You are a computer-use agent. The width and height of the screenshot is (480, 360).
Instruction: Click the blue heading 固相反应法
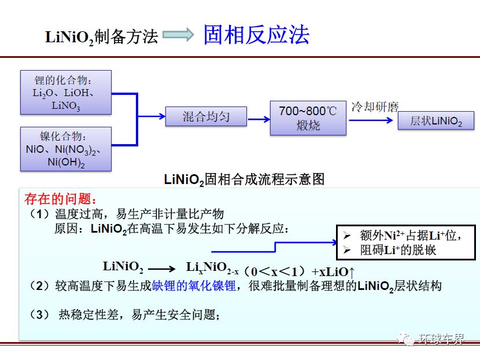(257, 35)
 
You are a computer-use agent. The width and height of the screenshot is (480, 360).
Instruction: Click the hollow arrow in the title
(178, 34)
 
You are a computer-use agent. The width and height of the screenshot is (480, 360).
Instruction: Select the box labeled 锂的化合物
(66, 92)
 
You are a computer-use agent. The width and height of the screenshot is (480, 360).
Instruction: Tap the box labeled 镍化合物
(66, 149)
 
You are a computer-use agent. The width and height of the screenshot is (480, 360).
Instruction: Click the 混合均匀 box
(206, 116)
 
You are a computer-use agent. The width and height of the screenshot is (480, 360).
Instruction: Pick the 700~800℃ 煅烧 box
(308, 118)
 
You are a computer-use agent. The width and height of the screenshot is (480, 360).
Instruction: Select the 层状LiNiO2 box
(436, 120)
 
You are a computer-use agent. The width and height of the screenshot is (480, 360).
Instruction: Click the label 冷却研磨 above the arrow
(375, 107)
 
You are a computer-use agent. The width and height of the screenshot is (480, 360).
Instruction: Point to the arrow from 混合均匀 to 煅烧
(259, 119)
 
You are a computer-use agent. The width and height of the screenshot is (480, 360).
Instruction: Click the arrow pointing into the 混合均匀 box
(152, 116)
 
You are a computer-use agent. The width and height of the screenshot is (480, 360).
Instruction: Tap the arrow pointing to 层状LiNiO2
(371, 120)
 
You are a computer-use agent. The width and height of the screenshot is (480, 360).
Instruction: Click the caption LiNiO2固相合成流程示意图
(244, 179)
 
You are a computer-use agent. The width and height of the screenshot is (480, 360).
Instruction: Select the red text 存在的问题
(61, 199)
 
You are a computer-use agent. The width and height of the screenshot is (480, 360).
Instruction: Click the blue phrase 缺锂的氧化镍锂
(194, 285)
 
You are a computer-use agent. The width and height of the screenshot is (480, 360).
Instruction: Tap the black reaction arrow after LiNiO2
(161, 269)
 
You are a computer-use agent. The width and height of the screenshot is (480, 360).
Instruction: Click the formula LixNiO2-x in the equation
(212, 268)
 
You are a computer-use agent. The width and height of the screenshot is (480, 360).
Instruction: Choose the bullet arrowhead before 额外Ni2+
(347, 236)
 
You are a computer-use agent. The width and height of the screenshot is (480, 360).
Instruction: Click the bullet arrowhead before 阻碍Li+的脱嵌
(347, 250)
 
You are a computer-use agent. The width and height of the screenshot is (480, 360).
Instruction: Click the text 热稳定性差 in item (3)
(89, 314)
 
